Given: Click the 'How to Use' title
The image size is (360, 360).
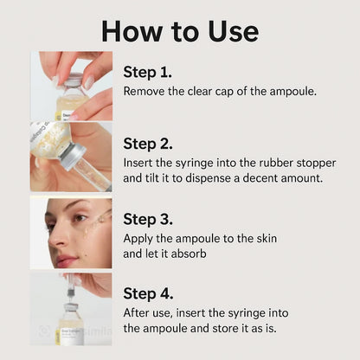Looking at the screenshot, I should pyautogui.click(x=179, y=30).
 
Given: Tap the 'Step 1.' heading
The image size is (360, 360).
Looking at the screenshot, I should pyautogui.click(x=148, y=72).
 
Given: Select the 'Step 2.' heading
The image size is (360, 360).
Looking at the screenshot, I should pyautogui.click(x=148, y=144).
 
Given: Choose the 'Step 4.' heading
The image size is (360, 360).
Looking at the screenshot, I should pyautogui.click(x=148, y=292).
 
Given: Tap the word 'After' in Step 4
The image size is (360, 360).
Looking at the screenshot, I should pyautogui.click(x=138, y=312).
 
